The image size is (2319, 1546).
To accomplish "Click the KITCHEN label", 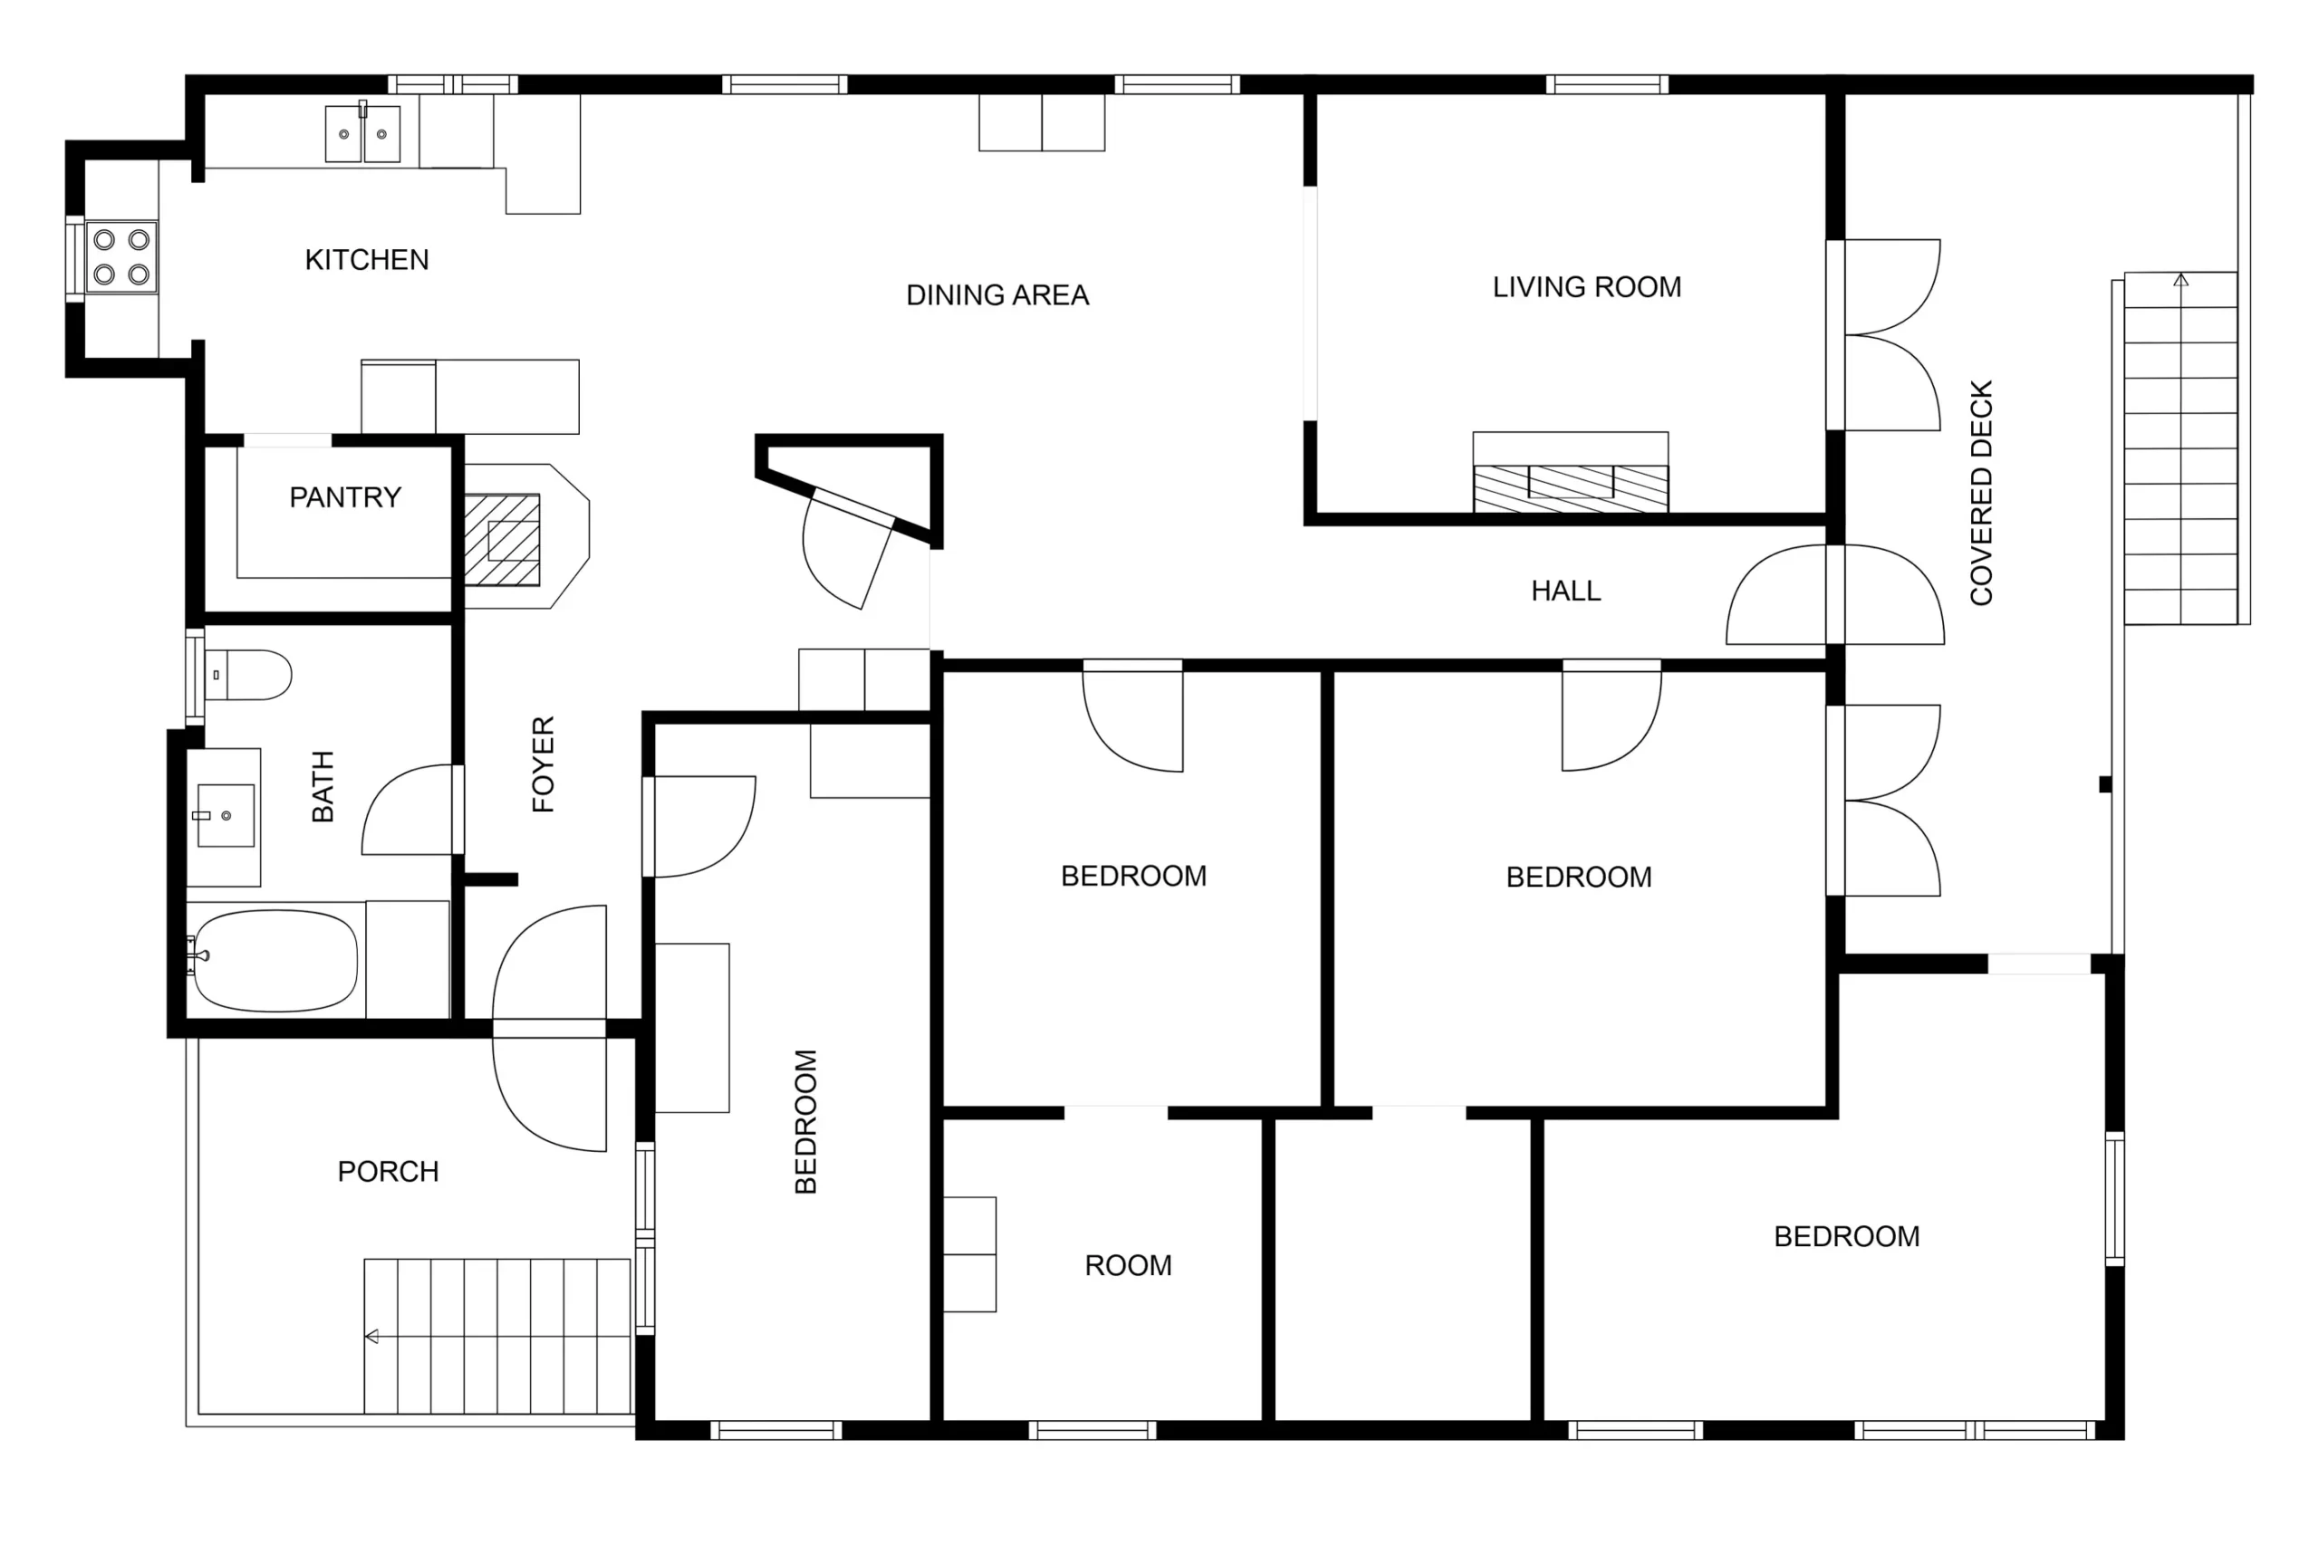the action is click(367, 259).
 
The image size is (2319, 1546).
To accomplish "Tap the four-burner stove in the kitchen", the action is click(121, 257).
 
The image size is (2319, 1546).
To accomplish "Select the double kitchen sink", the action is click(363, 133).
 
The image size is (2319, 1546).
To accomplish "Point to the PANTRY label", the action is click(345, 497).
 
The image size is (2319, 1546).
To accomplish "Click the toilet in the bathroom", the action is click(247, 675).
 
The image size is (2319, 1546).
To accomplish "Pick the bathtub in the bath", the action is click(275, 960).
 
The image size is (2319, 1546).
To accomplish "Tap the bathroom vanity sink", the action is click(226, 815).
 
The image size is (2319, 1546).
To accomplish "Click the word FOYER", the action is click(544, 764).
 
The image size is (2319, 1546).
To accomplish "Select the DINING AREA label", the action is click(997, 295).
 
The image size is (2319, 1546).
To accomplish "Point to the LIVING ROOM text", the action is click(1586, 287).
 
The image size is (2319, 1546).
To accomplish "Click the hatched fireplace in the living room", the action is click(1571, 489).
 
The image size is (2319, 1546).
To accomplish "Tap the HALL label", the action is click(1565, 591).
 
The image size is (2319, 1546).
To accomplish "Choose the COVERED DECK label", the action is click(1982, 492).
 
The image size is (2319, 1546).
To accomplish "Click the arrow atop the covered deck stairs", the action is click(2181, 281).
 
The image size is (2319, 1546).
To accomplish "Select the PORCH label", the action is click(389, 1171).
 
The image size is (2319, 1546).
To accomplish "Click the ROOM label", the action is click(1129, 1265).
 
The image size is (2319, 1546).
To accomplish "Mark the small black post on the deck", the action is click(2105, 785).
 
